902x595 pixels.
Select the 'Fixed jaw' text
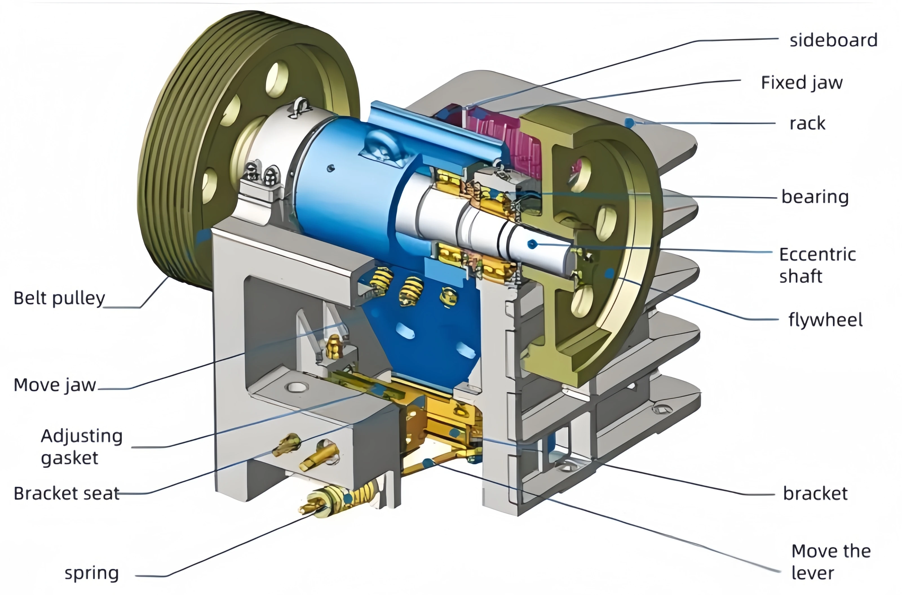tap(802, 83)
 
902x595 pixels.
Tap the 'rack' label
tap(808, 123)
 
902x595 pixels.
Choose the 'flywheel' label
tap(825, 319)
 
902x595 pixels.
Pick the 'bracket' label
tap(815, 493)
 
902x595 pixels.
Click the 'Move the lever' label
tap(831, 561)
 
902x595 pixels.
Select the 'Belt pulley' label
tap(59, 299)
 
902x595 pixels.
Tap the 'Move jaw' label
tap(55, 385)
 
